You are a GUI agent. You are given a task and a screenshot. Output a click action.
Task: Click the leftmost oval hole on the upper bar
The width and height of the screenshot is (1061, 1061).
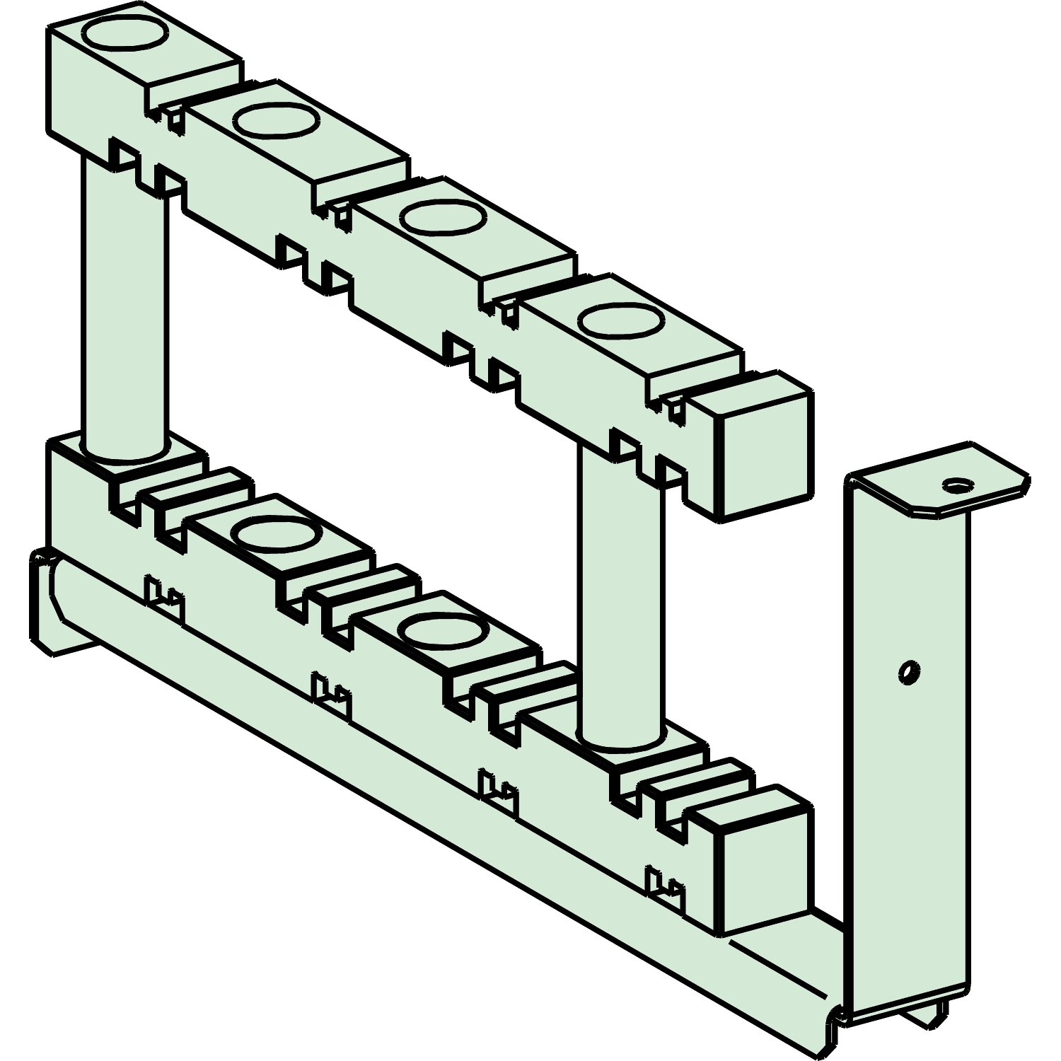pos(126,31)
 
